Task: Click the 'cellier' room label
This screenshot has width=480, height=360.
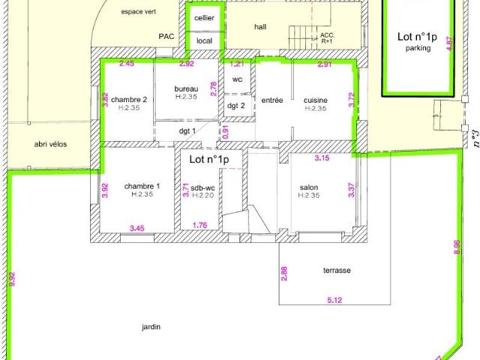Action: [x=204, y=18]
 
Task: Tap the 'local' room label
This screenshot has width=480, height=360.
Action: [x=204, y=40]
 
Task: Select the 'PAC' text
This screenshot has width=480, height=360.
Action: [x=166, y=37]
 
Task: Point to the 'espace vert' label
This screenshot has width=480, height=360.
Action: [x=138, y=12]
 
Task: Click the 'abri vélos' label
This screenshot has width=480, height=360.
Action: [x=50, y=144]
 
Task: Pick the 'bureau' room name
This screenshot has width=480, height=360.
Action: [x=186, y=89]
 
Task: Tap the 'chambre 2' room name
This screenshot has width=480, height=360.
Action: [x=129, y=100]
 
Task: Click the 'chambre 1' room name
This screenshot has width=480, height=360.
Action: [x=142, y=186]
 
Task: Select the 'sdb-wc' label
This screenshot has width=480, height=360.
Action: [x=202, y=188]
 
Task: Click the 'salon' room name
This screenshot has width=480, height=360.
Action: [x=309, y=187]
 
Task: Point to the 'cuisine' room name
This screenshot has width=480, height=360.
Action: [x=316, y=100]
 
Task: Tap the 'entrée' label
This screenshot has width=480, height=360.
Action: [x=272, y=100]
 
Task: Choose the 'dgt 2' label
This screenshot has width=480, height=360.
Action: [x=236, y=106]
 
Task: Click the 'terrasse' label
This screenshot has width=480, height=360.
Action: [x=337, y=271]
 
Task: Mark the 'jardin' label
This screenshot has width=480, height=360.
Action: [x=151, y=327]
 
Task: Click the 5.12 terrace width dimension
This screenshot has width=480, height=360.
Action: [x=334, y=300]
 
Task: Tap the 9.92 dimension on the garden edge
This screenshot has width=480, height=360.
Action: [x=12, y=279]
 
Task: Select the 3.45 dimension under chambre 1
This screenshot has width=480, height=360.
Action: [x=137, y=228]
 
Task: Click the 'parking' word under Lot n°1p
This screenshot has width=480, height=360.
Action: [x=418, y=48]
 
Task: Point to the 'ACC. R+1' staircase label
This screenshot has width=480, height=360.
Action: [x=327, y=38]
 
